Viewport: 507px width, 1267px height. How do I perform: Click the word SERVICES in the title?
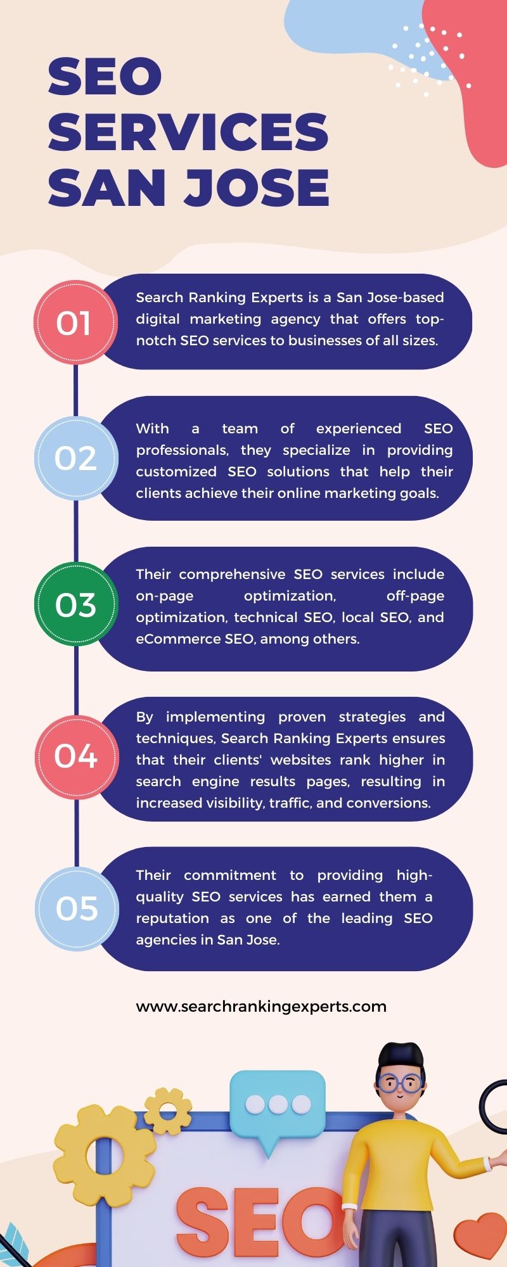point(188,132)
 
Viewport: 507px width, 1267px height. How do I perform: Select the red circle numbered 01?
point(75,323)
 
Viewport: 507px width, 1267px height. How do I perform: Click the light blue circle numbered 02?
point(75,458)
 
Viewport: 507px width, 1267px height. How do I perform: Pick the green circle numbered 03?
point(75,604)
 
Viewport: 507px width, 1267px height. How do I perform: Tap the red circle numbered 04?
point(76,756)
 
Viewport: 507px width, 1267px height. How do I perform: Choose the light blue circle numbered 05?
point(76,908)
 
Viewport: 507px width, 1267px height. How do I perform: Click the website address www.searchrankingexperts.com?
point(261,1007)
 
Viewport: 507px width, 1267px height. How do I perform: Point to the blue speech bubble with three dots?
point(278,1105)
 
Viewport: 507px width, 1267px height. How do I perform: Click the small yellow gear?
point(167,1111)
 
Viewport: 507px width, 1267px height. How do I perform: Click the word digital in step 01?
point(158,319)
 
